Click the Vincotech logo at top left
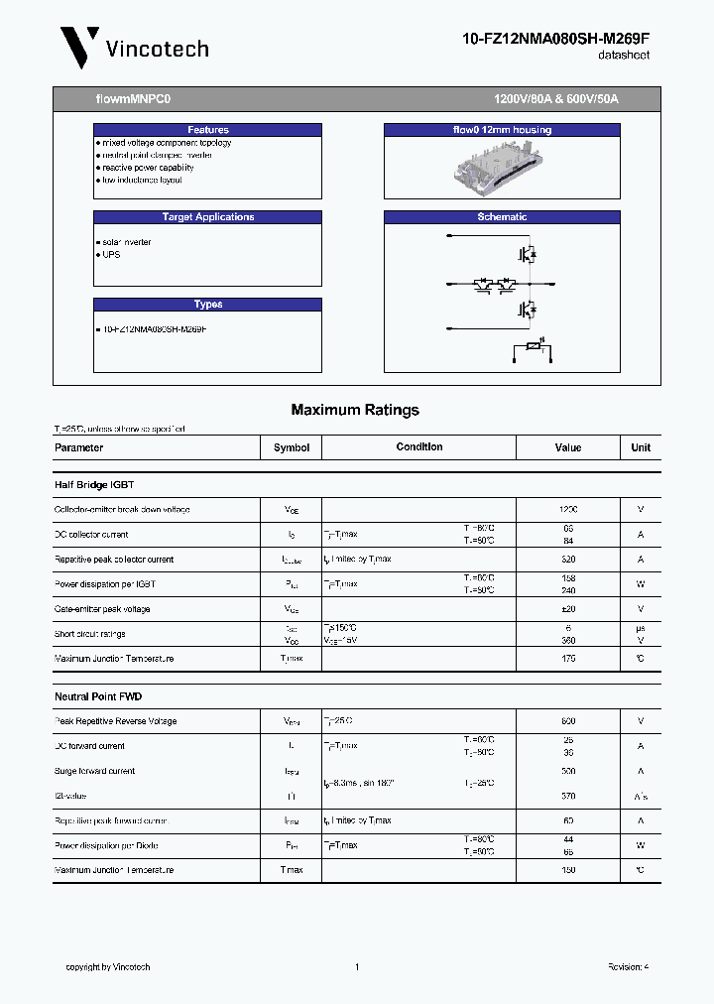(x=134, y=47)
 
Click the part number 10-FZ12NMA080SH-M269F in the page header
(x=556, y=39)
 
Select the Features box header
(x=208, y=130)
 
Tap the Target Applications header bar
(x=208, y=217)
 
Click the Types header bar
(x=208, y=305)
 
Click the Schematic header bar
(x=502, y=217)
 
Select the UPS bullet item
(x=110, y=255)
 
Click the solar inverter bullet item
(x=126, y=242)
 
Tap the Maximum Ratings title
(x=355, y=410)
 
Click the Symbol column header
(x=292, y=447)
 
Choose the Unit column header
(x=641, y=447)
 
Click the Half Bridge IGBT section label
(x=94, y=485)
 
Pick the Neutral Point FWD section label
(x=98, y=696)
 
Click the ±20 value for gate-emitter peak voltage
(x=568, y=609)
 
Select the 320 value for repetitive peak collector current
(x=568, y=560)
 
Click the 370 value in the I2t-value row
(x=568, y=796)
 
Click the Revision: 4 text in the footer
(x=628, y=967)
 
